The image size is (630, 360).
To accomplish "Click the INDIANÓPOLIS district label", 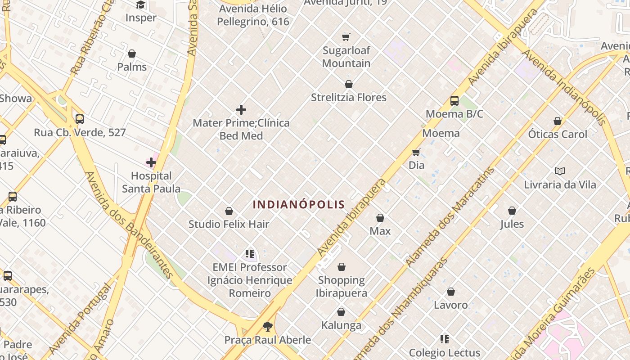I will (299, 205).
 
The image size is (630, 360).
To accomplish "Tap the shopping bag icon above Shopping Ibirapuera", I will (342, 267).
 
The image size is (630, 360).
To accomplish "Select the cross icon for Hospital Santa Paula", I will (151, 162).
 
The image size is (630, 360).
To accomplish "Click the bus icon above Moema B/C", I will (454, 101).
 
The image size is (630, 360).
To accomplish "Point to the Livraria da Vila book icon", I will (560, 171).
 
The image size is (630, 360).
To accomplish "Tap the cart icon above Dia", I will (416, 152).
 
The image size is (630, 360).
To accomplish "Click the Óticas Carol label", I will (558, 134).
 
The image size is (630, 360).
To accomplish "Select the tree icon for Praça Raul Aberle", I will (268, 327).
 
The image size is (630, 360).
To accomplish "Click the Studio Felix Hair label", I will (229, 224).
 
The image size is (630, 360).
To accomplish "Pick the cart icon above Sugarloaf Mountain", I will (346, 37).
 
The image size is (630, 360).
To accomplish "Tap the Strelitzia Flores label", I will (349, 97).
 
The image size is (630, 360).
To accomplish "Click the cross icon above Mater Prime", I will (241, 110).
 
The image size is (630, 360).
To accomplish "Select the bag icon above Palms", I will (132, 54).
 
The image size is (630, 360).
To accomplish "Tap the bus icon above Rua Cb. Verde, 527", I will (80, 119).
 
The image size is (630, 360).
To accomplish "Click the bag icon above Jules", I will (512, 211).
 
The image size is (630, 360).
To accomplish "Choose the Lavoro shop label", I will (450, 305).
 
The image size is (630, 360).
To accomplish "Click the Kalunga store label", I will (341, 325).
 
